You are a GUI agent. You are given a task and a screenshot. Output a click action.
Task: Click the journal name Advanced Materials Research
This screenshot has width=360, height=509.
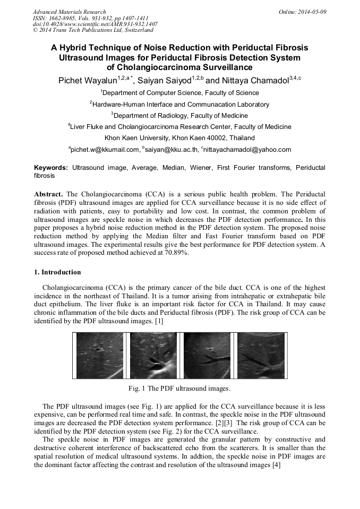(x=69, y=11)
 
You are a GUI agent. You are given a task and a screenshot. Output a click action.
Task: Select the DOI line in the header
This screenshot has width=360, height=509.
(x=95, y=24)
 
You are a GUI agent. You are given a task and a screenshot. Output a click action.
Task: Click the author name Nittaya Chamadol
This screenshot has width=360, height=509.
(x=257, y=81)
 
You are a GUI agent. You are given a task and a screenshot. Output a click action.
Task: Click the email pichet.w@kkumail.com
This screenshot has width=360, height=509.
(x=105, y=150)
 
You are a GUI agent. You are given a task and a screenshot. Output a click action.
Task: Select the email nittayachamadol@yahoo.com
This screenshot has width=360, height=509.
(x=246, y=150)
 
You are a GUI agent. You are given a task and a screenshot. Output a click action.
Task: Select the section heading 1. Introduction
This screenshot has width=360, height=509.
(x=57, y=272)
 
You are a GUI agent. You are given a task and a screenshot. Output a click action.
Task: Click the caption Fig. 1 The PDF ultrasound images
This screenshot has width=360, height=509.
(x=179, y=388)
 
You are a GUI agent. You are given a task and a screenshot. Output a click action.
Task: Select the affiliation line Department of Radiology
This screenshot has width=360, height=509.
(x=179, y=115)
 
